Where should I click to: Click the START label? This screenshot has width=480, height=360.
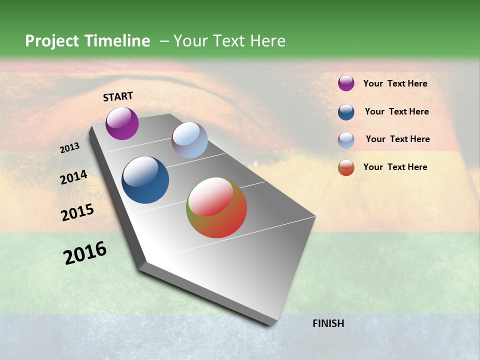click(x=118, y=96)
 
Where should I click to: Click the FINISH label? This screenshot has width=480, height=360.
click(x=328, y=323)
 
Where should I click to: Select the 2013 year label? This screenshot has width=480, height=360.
click(x=70, y=148)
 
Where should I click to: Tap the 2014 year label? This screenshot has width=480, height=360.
click(x=74, y=177)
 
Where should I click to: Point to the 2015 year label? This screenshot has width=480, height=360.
click(x=77, y=212)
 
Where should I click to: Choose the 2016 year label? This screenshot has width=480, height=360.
click(x=85, y=253)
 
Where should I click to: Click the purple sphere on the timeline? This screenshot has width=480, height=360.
click(x=122, y=123)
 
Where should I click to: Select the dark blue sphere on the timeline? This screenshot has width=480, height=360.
click(x=145, y=180)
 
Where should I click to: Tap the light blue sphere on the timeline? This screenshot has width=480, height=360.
click(x=189, y=140)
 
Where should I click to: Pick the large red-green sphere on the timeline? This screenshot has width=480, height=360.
click(x=216, y=207)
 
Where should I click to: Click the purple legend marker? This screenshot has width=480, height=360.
click(x=346, y=83)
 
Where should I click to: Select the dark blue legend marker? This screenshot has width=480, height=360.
click(x=346, y=112)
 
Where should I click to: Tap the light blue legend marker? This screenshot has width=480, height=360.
click(x=346, y=140)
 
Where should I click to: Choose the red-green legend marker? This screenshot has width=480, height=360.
click(x=346, y=167)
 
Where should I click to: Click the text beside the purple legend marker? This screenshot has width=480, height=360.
click(x=395, y=84)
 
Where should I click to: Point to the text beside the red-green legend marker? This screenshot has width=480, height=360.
click(x=395, y=167)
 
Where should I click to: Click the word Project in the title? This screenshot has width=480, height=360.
click(x=51, y=41)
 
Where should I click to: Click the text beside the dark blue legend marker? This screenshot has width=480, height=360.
click(x=396, y=111)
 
